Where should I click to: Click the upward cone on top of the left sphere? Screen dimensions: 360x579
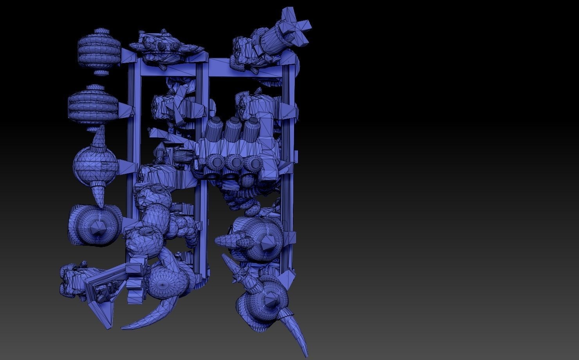point(98,137)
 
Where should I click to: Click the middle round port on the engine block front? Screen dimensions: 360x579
point(236,162)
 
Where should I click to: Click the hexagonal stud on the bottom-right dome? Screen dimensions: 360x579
point(271,301)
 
